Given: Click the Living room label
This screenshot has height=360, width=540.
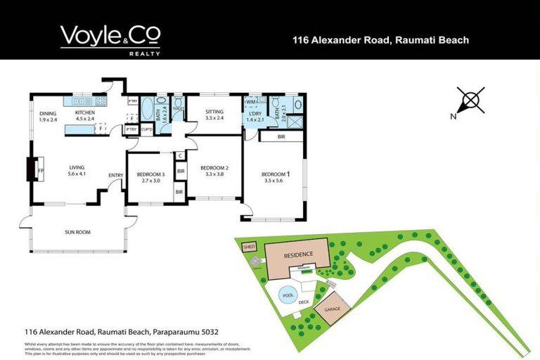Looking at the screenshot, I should click(x=77, y=169).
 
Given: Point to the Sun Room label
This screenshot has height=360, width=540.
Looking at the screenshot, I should click(x=77, y=232).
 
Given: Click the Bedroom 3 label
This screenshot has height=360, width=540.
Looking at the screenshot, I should click(x=150, y=176).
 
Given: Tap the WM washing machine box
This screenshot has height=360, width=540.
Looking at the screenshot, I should click(x=251, y=103).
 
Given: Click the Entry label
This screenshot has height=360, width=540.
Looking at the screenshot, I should click(x=115, y=175).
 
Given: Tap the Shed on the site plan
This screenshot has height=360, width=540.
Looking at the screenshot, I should click(x=249, y=247).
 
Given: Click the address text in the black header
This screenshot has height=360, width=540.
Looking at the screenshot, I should click(x=380, y=40).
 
